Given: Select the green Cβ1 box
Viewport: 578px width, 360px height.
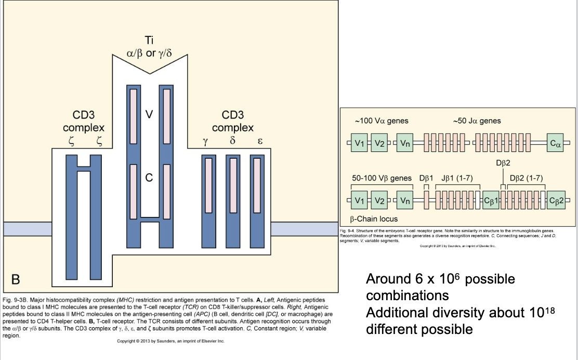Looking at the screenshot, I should [x=491, y=200].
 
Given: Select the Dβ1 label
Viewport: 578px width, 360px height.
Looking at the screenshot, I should [x=426, y=178].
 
